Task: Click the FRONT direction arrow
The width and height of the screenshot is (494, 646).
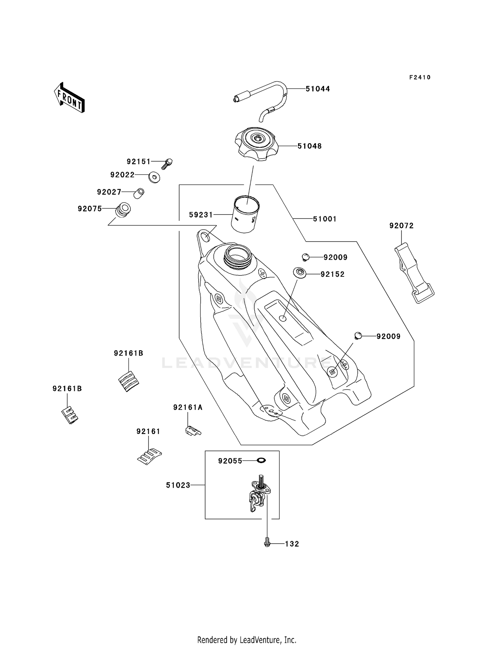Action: click(69, 98)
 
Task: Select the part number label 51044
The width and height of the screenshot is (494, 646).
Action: click(317, 89)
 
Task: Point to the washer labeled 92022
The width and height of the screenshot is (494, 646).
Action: click(154, 177)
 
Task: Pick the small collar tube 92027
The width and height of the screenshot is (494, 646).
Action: click(139, 193)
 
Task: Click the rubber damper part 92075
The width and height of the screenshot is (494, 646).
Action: click(123, 210)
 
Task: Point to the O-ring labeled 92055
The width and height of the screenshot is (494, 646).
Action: click(261, 460)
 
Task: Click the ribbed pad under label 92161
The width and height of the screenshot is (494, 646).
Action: click(149, 456)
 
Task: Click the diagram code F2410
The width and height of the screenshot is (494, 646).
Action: click(420, 77)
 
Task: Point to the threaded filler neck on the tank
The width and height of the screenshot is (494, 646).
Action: click(238, 257)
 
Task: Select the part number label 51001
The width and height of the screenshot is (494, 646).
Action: click(324, 219)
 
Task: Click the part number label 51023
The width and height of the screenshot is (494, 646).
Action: click(178, 485)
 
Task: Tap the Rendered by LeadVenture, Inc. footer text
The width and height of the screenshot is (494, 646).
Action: click(247, 640)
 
